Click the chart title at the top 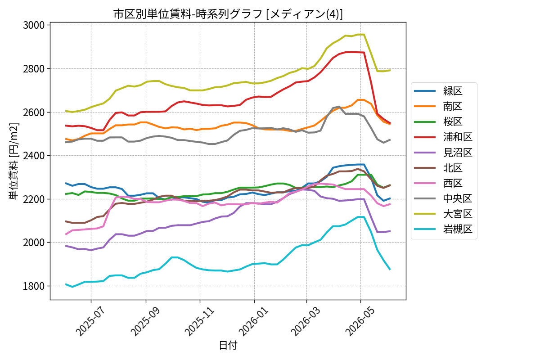click(x=228, y=14)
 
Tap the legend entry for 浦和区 click(x=443, y=137)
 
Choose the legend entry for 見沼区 click(x=443, y=153)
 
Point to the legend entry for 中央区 click(x=443, y=198)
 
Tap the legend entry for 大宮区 click(x=443, y=214)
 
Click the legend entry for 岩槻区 click(x=443, y=229)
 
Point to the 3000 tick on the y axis click(x=34, y=25)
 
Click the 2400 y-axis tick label click(x=34, y=156)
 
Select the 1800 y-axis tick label click(x=34, y=286)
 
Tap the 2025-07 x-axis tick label click(x=90, y=322)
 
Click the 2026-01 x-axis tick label click(x=254, y=322)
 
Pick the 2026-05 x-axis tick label click(x=360, y=322)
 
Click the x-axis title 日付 click(x=228, y=345)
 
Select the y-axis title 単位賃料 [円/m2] click(x=14, y=161)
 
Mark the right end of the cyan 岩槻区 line click(x=390, y=270)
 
